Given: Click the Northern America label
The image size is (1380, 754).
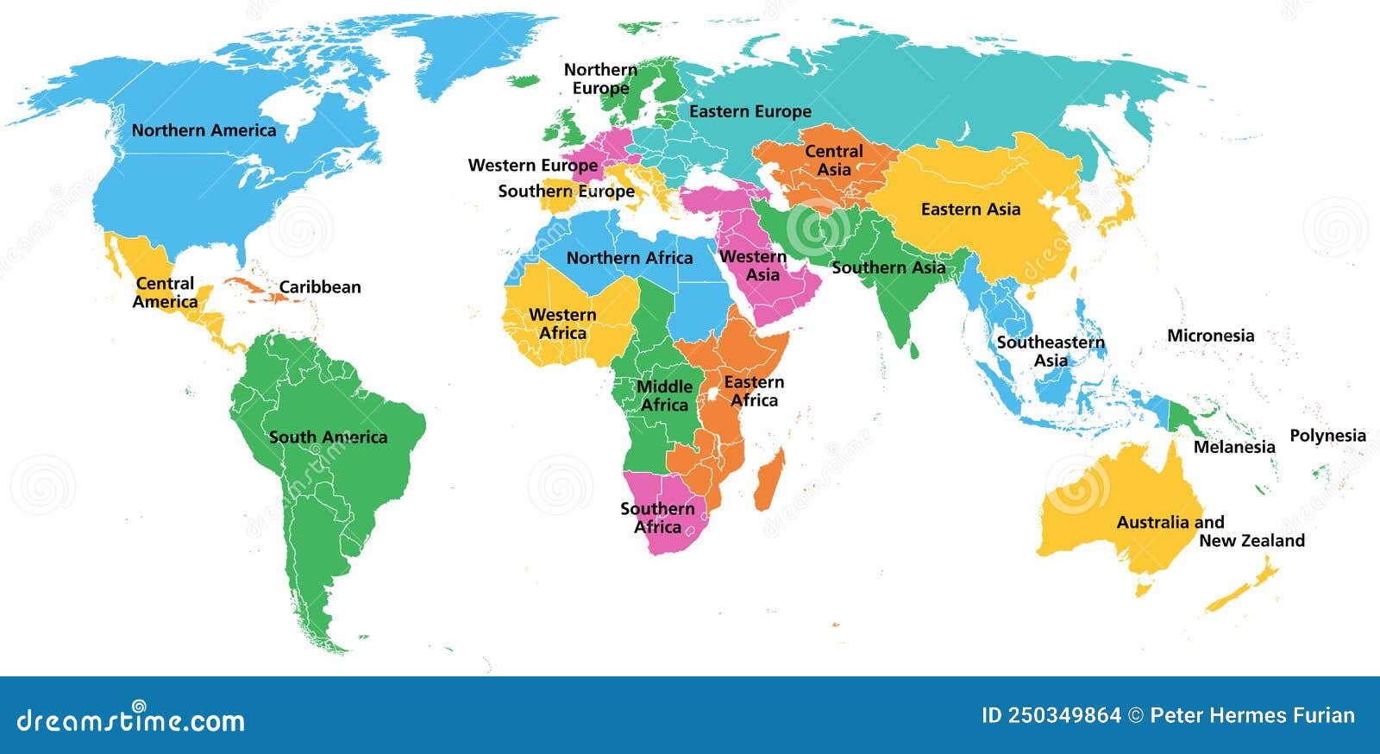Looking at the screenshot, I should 204,130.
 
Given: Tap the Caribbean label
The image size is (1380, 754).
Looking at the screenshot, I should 319,287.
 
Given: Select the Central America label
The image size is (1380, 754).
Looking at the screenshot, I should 165,292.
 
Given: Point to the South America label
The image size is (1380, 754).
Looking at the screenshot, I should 328,437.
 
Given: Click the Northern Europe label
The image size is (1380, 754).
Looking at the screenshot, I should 600,79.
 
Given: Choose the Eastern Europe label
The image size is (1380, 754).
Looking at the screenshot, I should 750,111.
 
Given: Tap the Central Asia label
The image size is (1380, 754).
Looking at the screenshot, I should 833,160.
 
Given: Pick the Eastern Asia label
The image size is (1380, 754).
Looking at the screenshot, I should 970,210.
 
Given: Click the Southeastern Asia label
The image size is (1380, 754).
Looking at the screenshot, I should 1051,351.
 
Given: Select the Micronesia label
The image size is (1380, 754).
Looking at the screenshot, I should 1210,336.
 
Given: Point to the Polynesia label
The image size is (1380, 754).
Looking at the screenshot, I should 1327,436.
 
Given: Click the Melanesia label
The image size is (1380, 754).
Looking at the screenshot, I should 1233,447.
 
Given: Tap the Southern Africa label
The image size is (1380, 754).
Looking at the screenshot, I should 657,518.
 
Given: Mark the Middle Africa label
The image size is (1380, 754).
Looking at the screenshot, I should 664,395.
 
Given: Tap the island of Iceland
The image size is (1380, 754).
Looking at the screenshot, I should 523,82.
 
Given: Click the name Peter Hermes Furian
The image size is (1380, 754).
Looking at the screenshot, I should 1252,715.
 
